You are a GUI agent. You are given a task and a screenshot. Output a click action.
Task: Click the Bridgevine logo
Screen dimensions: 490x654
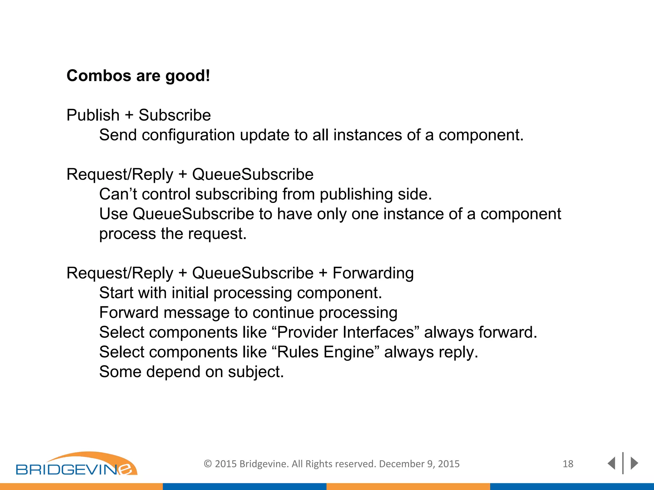(x=77, y=464)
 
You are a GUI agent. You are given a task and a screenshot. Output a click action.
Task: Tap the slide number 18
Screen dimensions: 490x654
(x=568, y=464)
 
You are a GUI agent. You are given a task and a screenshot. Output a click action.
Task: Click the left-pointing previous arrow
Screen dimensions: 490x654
(x=611, y=463)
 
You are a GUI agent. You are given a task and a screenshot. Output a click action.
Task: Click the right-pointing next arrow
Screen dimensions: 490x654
(x=634, y=463)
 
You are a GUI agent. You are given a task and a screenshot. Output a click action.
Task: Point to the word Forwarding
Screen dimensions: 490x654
(x=373, y=273)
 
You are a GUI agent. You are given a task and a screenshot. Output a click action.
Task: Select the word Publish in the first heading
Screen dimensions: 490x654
(x=93, y=115)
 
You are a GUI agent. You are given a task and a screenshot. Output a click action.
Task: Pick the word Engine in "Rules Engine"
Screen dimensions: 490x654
(x=348, y=352)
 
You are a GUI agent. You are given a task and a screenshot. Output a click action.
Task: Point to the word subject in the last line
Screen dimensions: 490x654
(x=255, y=372)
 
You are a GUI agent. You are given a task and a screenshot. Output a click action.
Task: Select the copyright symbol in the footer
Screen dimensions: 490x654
(x=208, y=464)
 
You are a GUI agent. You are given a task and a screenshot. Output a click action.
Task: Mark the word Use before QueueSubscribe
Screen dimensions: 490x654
(x=113, y=214)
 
